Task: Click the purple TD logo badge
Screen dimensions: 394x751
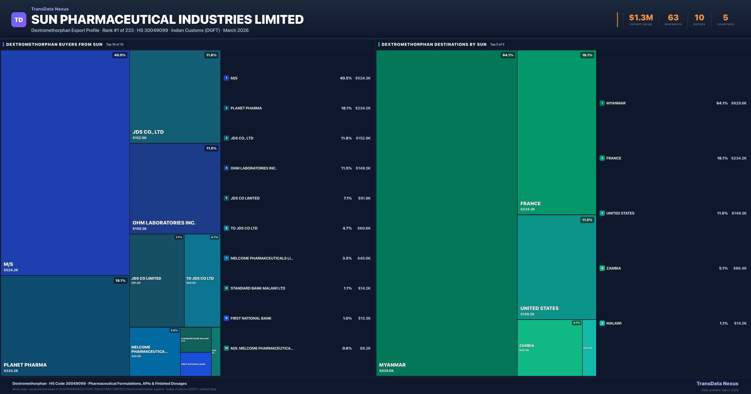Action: pos(19,20)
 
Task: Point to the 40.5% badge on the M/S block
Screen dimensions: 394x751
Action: pos(120,55)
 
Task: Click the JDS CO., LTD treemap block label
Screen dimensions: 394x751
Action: pos(148,132)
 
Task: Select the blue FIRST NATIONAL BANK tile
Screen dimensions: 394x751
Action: pos(196,364)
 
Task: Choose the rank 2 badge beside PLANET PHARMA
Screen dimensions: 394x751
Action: pos(226,108)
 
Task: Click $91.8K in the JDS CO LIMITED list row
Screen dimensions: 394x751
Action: pos(364,198)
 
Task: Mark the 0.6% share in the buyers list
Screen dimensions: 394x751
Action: pos(347,348)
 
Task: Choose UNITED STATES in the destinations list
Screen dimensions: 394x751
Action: pos(620,213)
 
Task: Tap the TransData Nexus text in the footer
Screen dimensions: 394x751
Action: pos(717,384)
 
